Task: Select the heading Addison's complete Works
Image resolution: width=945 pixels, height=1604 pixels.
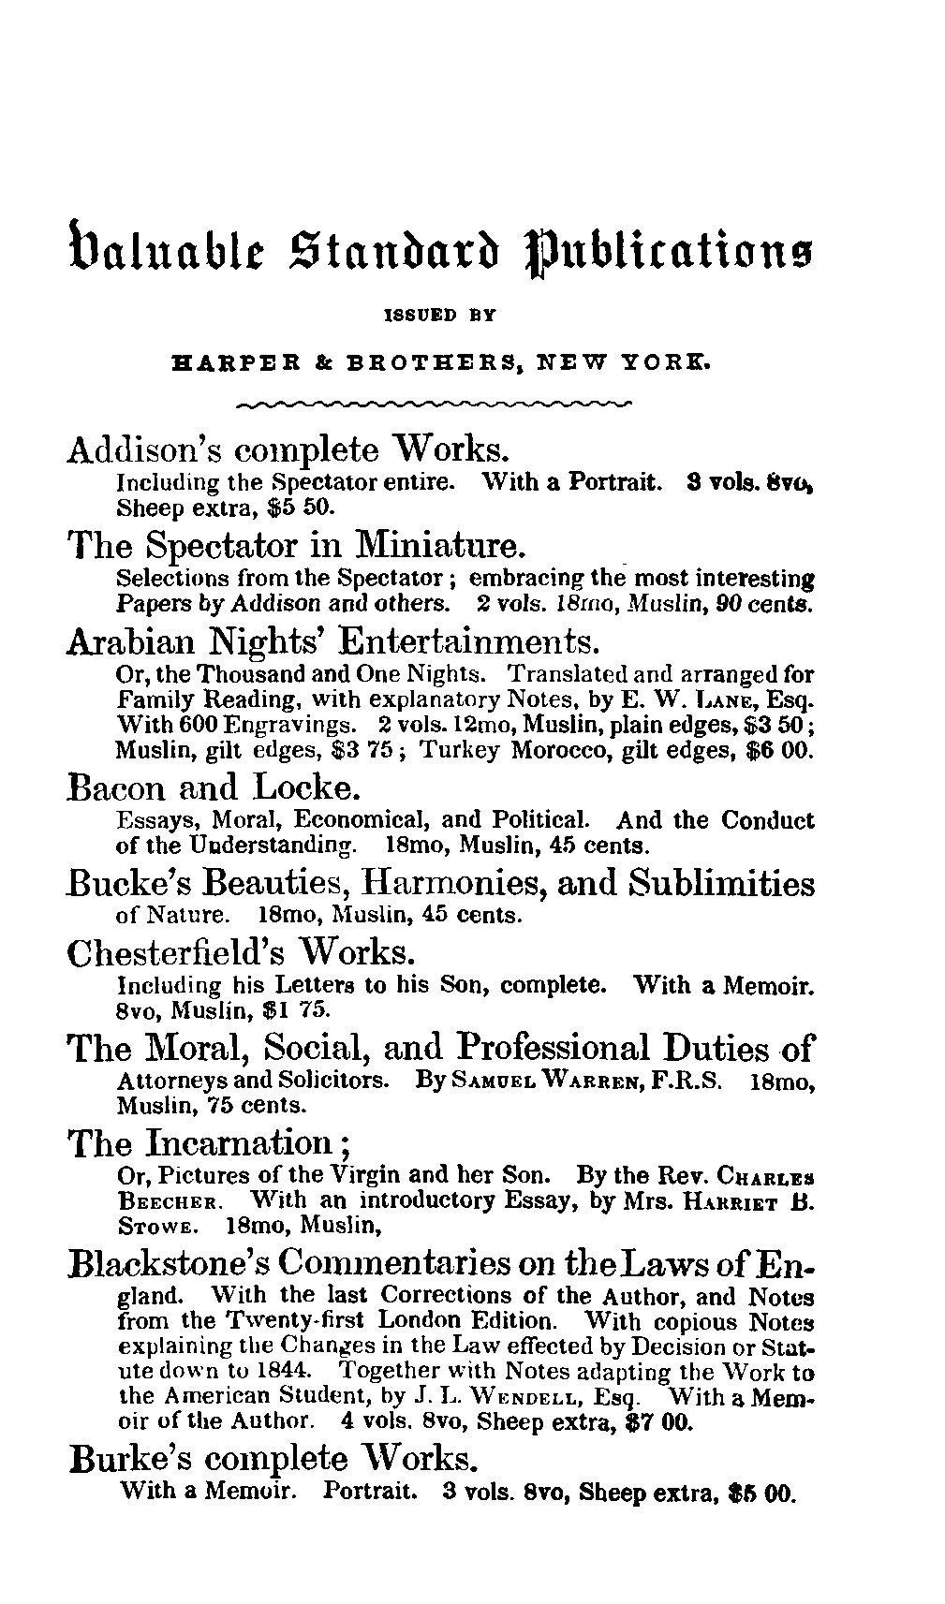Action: [288, 450]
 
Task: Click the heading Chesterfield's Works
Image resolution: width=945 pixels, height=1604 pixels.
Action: [242, 952]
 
